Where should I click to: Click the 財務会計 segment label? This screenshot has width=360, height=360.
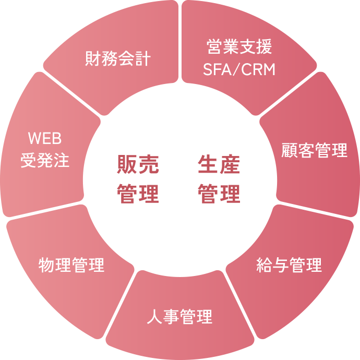pos(117,58)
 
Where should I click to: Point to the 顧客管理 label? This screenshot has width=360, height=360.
pos(314,151)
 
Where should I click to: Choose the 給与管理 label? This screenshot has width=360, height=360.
pos(289,265)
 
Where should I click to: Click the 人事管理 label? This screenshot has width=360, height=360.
pos(179,317)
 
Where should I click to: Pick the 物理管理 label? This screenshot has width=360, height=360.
pos(71,265)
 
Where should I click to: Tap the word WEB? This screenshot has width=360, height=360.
pos(45,139)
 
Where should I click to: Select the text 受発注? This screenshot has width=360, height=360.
pos(45,160)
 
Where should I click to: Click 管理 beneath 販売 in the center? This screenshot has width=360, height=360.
pos(138,194)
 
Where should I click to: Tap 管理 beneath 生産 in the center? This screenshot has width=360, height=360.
pos(219,194)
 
